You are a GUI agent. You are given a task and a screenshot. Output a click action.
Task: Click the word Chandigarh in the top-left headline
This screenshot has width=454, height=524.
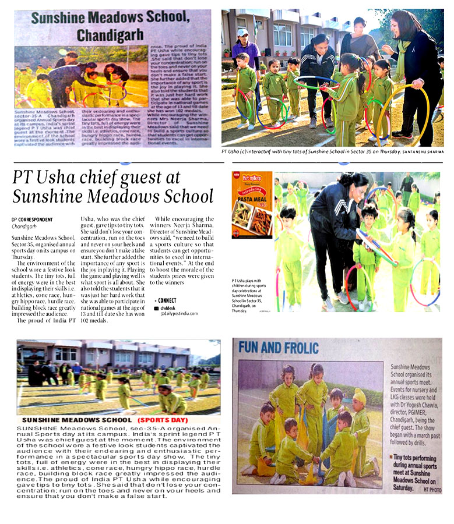coord(110,36)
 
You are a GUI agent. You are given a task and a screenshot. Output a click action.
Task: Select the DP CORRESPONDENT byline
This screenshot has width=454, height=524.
coord(31,219)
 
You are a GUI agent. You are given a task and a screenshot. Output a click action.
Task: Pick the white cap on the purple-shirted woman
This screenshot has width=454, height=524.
coord(242,33)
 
